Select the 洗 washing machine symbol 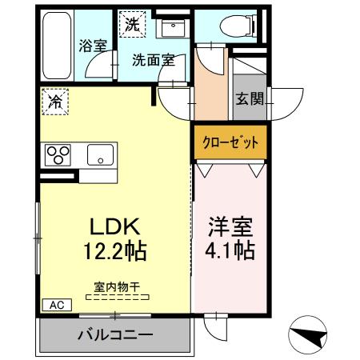(132, 24)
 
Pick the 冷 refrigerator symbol (55, 101)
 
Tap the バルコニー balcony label (114, 334)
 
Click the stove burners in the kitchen (58, 153)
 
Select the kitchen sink (100, 154)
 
